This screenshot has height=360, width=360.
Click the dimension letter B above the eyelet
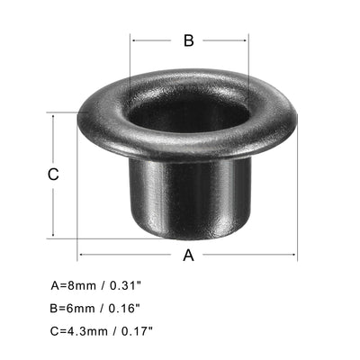189,40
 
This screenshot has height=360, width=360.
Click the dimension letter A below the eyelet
188,255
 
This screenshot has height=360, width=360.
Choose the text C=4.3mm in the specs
77,332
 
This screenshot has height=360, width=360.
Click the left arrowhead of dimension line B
133,40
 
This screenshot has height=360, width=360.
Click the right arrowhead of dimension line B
246,40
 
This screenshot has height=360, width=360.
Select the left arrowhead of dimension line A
81,255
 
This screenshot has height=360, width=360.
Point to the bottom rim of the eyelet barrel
188,237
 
